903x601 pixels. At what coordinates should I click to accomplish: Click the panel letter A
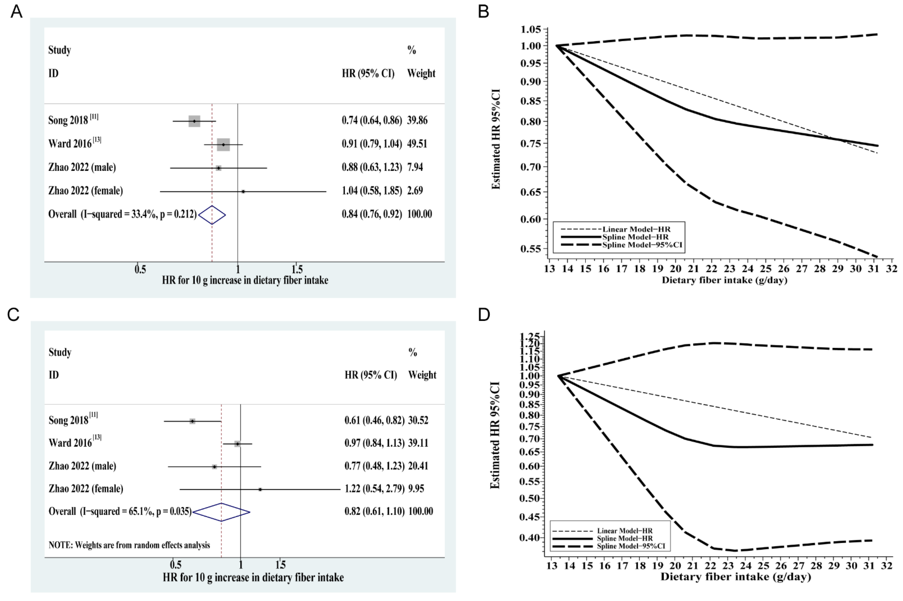point(16,12)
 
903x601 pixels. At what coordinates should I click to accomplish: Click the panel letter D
point(484,315)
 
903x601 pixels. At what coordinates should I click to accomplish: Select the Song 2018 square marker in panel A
point(194,121)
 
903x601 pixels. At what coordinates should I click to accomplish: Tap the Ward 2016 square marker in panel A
point(223,145)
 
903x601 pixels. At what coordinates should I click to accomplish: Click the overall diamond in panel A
point(212,215)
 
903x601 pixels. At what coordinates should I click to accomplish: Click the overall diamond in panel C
point(221,512)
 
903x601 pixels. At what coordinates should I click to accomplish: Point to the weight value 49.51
point(417,144)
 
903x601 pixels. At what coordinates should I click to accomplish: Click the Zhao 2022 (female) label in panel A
point(85,191)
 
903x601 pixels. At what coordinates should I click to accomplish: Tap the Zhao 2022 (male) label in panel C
point(82,466)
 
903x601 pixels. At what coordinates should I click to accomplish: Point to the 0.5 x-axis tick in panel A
point(140,269)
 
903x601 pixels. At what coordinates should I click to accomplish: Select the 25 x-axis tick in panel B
point(766,269)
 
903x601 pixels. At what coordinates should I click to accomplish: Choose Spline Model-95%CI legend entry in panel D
point(631,546)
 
